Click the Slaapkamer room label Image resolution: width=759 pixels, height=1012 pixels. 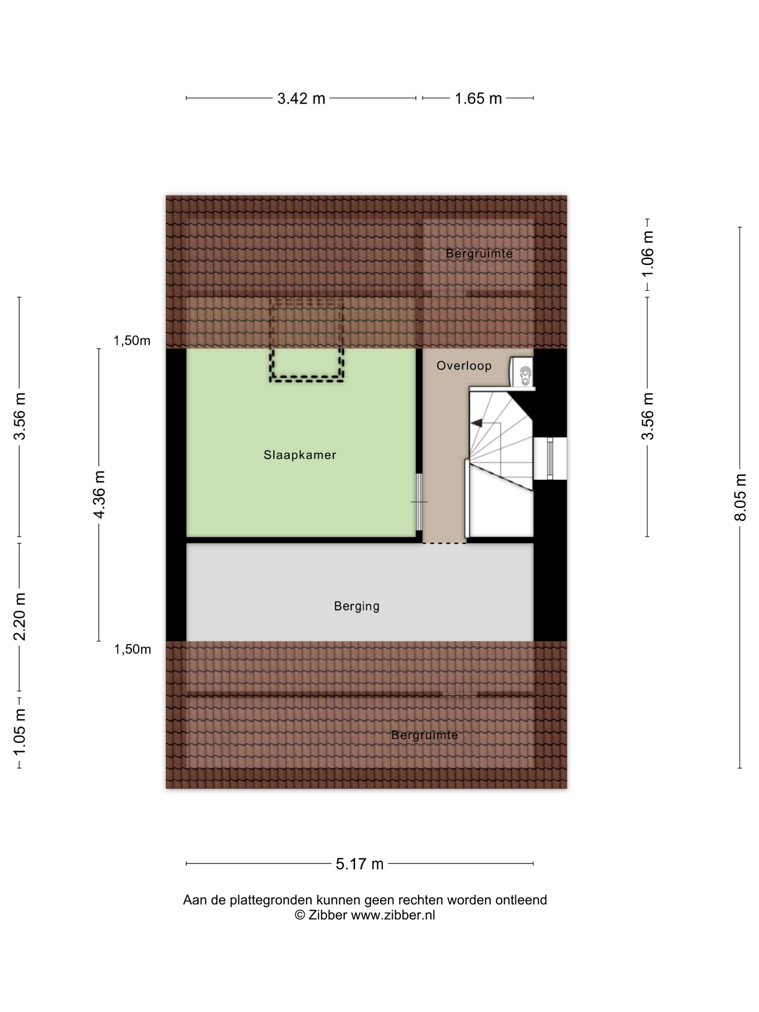[x=300, y=455]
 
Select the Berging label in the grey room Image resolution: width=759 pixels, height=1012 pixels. [x=357, y=606]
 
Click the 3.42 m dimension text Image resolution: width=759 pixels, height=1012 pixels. [x=301, y=98]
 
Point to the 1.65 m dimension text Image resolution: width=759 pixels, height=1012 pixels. [x=478, y=98]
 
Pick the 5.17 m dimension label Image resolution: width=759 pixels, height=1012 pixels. [x=360, y=864]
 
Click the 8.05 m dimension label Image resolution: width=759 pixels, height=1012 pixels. [x=740, y=498]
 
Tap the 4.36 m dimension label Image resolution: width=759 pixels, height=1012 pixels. [x=99, y=494]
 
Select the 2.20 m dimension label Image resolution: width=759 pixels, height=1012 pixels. [x=19, y=617]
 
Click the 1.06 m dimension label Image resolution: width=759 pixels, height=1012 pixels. [x=647, y=254]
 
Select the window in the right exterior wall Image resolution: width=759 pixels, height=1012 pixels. [x=550, y=458]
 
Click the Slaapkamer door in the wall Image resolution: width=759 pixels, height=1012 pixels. [x=419, y=502]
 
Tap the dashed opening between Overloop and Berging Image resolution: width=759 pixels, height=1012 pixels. [x=444, y=543]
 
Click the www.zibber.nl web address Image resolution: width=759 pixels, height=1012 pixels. [x=393, y=915]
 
